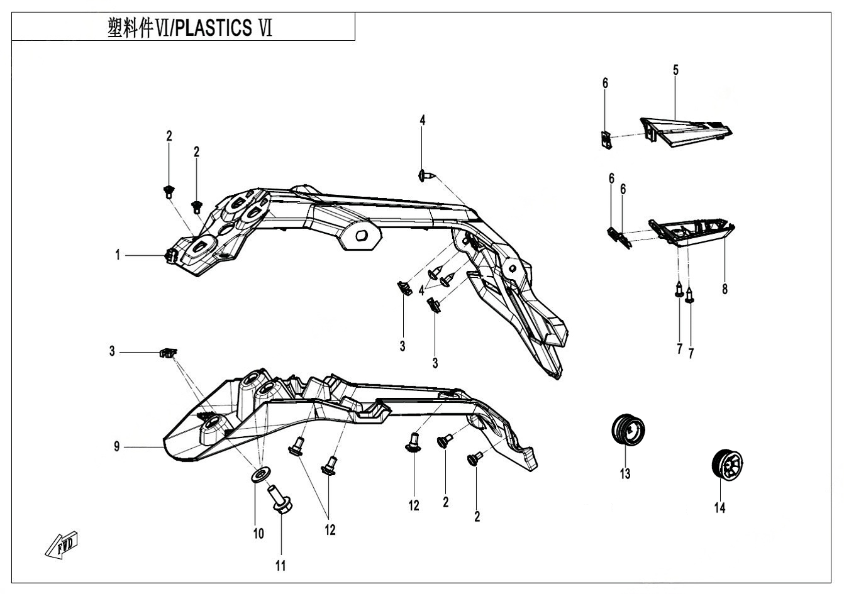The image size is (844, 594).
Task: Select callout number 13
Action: pos(625,473)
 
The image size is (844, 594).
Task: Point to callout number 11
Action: pos(280,565)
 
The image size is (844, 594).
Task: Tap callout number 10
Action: pos(258,533)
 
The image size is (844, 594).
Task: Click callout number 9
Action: pos(117,447)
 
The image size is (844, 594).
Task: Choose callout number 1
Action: pos(117,255)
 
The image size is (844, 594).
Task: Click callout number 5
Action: pos(675,70)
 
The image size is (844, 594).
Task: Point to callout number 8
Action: pos(725,290)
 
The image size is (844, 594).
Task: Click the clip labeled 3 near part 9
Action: pos(167,353)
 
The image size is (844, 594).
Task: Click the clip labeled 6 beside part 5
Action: pos(605,139)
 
